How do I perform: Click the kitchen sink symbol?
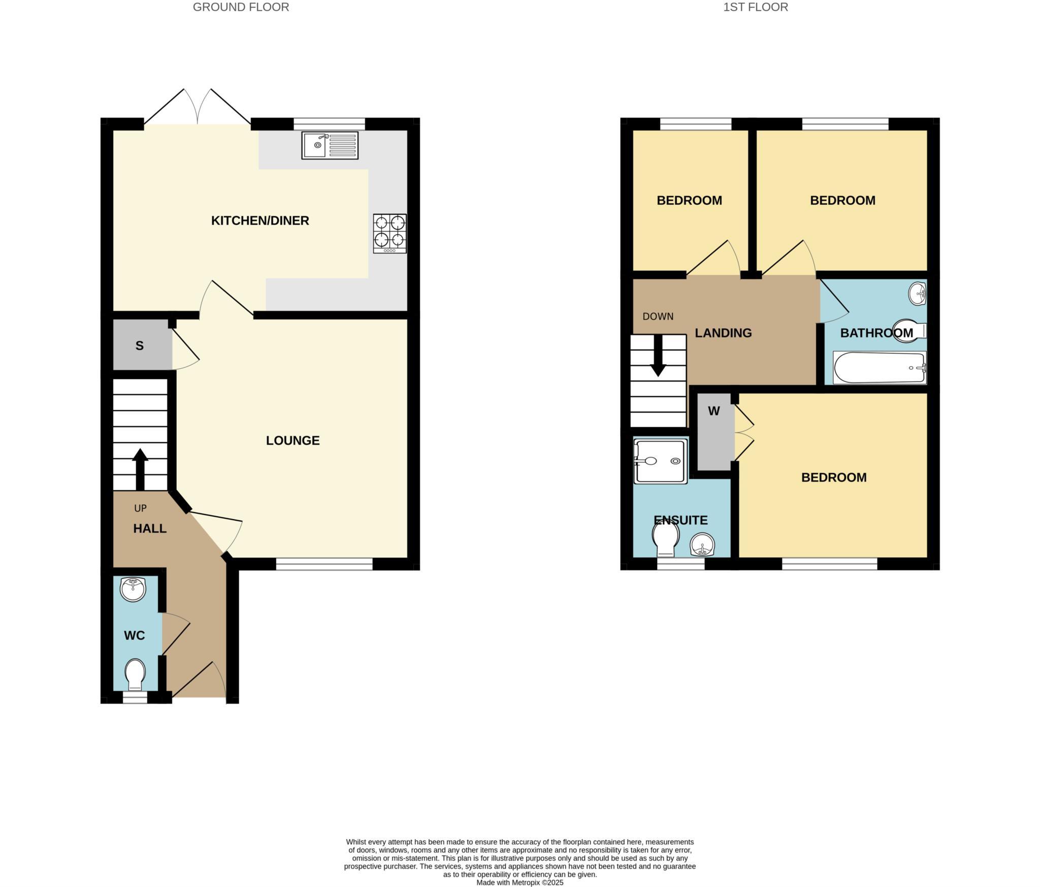point(330,145)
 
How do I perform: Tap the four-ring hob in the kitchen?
point(389,233)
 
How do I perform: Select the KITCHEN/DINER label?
point(260,220)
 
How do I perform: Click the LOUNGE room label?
point(292,440)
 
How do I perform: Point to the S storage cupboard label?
point(139,346)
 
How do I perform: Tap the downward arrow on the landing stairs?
point(658,356)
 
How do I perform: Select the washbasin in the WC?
point(133,589)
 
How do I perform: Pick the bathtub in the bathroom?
point(880,367)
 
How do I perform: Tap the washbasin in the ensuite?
point(702,546)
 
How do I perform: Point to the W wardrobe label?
point(713,411)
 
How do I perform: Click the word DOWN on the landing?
point(658,316)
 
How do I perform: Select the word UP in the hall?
point(140,508)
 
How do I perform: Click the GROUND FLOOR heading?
point(241,7)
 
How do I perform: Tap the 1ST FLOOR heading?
point(755,7)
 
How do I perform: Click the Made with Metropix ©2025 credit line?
point(519,882)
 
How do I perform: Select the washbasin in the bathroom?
point(917,294)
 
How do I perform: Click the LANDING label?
point(723,333)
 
